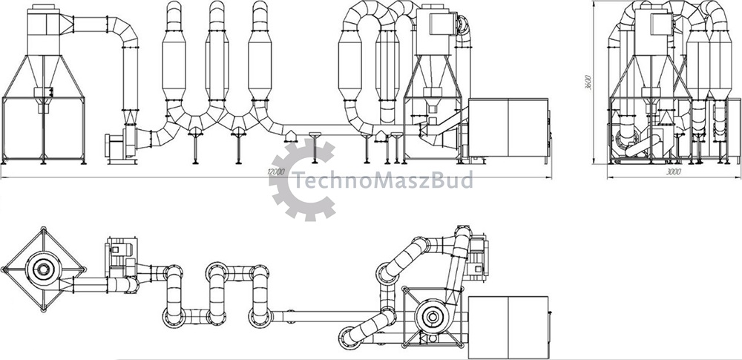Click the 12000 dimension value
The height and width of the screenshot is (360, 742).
[x=276, y=172]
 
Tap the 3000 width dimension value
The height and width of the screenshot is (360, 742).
[x=674, y=172]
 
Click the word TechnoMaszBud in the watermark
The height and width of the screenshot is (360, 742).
[x=382, y=180]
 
